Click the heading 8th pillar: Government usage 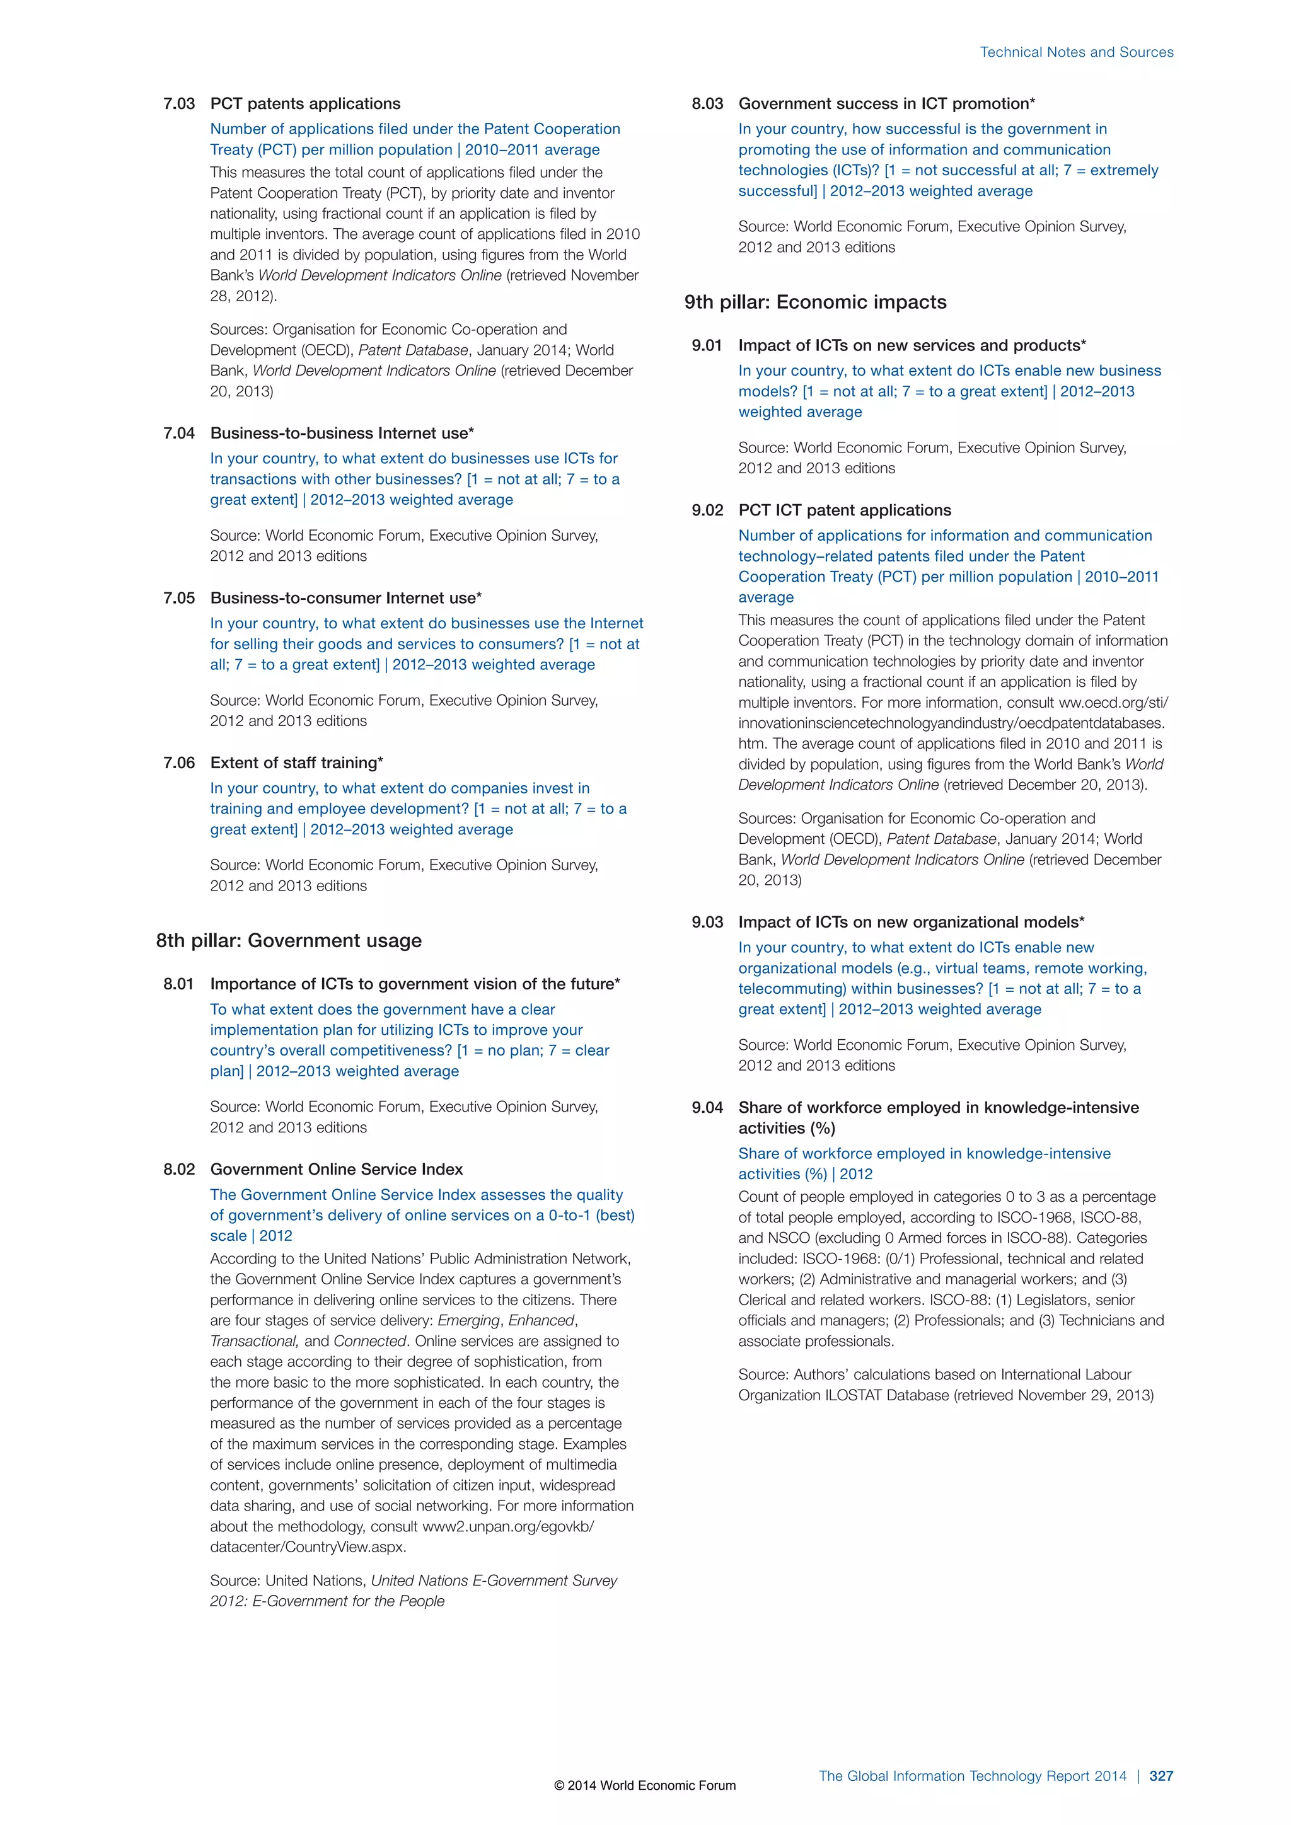coord(289,940)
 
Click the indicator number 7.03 coord(179,104)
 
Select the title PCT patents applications coord(305,104)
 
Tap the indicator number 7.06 coord(179,763)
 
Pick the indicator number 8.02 coord(179,1169)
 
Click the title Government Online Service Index coord(336,1169)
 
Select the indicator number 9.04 coord(707,1107)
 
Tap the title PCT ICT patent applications coord(844,510)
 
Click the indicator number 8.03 coord(707,104)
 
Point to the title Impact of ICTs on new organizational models coord(910,922)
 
